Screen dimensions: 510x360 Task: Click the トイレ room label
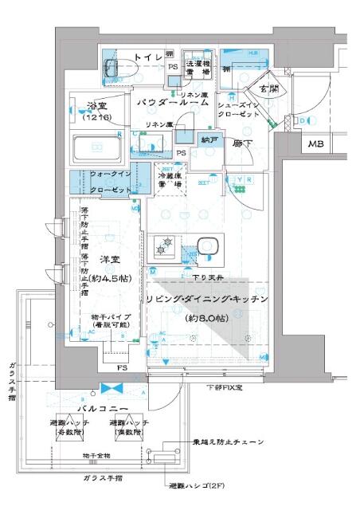coord(147,57)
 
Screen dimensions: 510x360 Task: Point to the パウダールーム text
coord(173,103)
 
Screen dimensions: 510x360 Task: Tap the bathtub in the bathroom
coord(96,147)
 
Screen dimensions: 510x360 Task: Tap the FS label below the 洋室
coord(122,368)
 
